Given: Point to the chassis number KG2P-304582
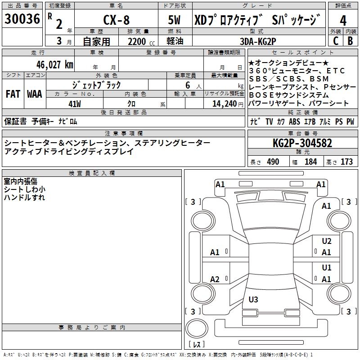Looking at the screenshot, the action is point(302,143).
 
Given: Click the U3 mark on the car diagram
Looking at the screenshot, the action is point(253,299).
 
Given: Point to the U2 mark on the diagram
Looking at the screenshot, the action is point(327,241).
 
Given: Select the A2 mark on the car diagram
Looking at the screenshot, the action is point(215,279).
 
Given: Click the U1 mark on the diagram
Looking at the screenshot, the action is point(327,268).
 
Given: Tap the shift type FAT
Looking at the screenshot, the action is point(13,94).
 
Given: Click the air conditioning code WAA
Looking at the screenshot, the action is point(34,94).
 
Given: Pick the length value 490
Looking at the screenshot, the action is point(273,162).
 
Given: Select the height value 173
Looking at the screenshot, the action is point(346,162).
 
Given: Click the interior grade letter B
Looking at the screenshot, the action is point(350,40).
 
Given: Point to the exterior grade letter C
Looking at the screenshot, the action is point(335,40).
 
